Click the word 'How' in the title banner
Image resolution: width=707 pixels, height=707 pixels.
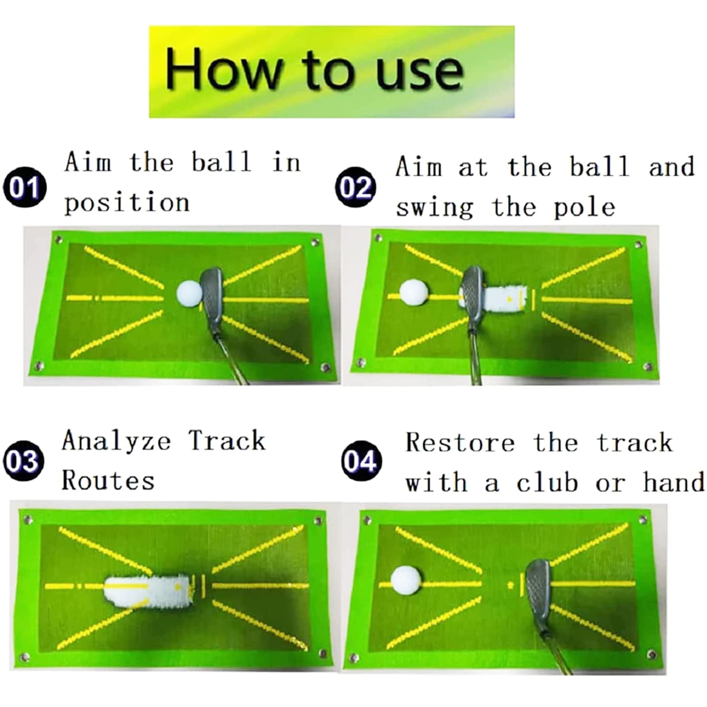[x=223, y=69]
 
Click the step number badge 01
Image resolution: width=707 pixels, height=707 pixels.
[x=25, y=187]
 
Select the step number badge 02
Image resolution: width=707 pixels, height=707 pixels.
[x=356, y=187]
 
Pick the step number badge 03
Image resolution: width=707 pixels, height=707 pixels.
[x=24, y=460]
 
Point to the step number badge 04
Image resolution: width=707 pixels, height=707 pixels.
[x=361, y=460]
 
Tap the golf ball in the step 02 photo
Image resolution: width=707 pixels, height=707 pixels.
[x=414, y=293]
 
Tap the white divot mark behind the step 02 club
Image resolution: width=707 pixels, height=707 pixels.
[x=504, y=299]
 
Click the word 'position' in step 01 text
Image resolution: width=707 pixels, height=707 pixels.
[x=127, y=203]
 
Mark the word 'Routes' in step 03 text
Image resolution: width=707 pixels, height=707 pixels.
[x=108, y=481]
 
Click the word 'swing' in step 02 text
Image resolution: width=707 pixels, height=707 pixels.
[x=435, y=208]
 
